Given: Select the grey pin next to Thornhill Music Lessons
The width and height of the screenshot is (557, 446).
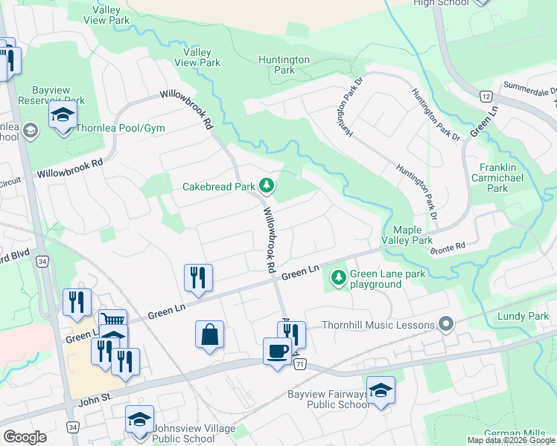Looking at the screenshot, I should pyautogui.click(x=446, y=323).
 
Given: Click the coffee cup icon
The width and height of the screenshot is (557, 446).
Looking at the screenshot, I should pyautogui.click(x=277, y=351).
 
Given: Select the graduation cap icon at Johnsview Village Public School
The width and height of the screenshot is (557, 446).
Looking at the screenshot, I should pyautogui.click(x=139, y=420).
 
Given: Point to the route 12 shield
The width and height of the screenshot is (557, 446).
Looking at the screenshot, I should pyautogui.click(x=486, y=97).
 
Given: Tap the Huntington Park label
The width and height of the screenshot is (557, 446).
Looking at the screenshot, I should pyautogui.click(x=284, y=65).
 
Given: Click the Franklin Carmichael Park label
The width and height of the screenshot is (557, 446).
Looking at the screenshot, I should pyautogui.click(x=503, y=178).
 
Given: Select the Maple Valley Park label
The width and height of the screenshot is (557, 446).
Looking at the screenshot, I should pyautogui.click(x=407, y=236).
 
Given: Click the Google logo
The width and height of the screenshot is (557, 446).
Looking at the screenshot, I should pyautogui.click(x=25, y=437).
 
